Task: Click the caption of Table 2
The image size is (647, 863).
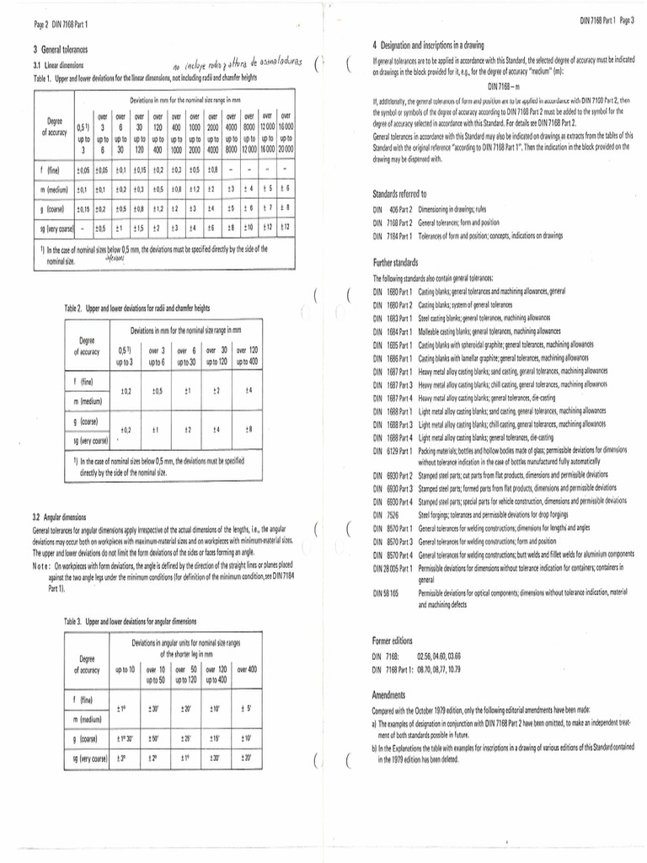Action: pos(136,309)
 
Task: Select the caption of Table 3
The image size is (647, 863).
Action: pos(130,619)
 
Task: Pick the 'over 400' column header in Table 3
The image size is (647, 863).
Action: pos(248,669)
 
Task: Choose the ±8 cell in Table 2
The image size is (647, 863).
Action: pos(248,429)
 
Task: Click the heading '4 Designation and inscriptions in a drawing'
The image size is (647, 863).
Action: pos(437,44)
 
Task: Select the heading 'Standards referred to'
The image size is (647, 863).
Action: pos(399,193)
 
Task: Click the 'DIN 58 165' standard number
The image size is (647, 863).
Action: pos(387,594)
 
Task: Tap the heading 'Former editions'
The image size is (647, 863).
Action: pos(392,641)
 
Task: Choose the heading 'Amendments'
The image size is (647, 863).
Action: pos(389,695)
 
